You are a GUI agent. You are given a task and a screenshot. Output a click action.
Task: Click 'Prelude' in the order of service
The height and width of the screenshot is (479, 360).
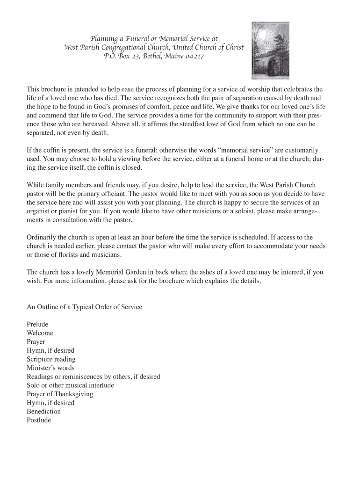tap(37, 324)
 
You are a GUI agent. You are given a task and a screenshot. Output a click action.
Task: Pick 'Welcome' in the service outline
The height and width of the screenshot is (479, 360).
tap(40, 333)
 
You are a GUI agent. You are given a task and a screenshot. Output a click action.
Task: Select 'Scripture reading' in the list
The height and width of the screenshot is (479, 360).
tap(51, 359)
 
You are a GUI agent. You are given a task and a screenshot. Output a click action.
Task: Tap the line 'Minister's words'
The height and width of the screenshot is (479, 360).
tap(50, 368)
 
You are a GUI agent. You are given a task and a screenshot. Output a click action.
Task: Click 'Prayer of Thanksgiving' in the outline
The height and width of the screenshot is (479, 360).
tap(60, 394)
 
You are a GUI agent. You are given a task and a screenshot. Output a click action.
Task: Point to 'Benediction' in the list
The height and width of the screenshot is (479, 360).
tap(44, 412)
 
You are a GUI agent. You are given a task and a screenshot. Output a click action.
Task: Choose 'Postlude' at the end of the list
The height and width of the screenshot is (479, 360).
tap(39, 420)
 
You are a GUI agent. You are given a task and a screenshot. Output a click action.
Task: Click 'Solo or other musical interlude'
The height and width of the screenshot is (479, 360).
tap(70, 385)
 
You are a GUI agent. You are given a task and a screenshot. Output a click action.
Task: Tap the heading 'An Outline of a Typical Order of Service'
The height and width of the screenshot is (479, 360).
tap(84, 307)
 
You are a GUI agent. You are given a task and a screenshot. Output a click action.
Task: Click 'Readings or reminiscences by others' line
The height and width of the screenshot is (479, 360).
tap(94, 377)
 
